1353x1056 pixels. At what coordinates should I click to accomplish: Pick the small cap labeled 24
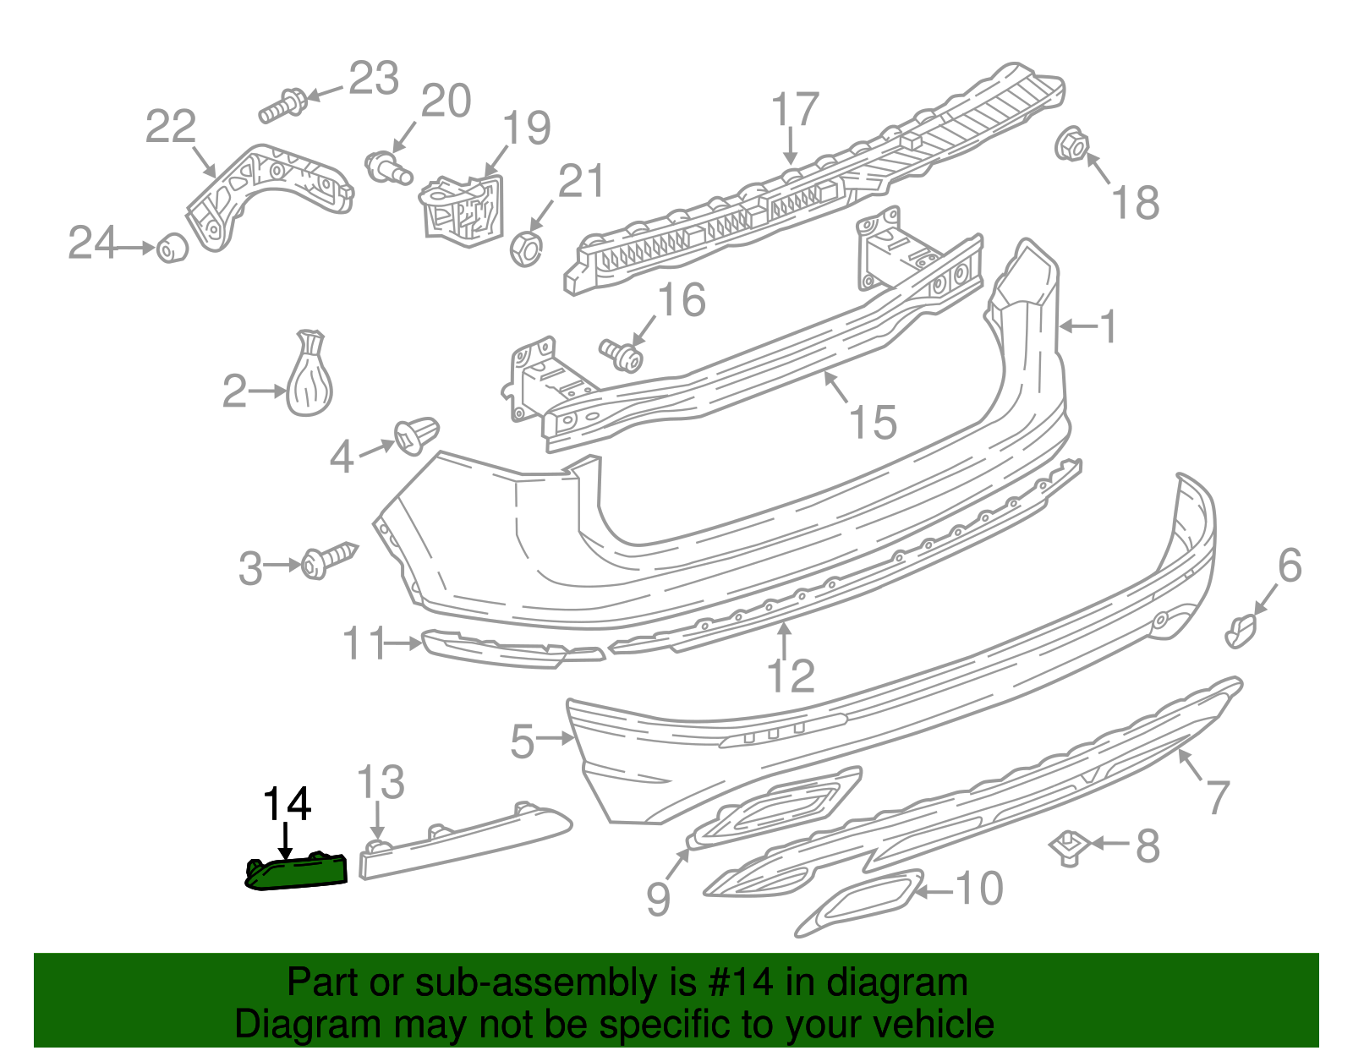click(x=173, y=248)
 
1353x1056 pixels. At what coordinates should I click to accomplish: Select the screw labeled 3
click(x=328, y=560)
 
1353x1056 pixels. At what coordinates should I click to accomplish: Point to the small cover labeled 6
click(x=1241, y=631)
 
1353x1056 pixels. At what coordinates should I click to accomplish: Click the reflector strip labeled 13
click(x=463, y=841)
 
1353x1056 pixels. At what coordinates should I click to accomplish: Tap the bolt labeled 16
click(x=622, y=355)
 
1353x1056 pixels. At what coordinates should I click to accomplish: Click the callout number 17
click(x=795, y=110)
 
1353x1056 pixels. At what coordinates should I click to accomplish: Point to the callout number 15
click(x=873, y=422)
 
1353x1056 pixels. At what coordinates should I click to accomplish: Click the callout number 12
click(x=791, y=676)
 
